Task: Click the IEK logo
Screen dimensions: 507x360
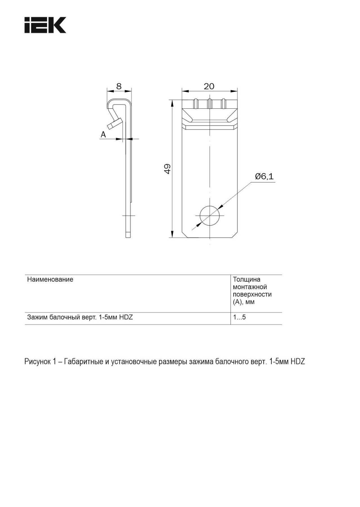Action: click(x=45, y=25)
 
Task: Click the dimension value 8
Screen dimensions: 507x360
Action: click(x=119, y=86)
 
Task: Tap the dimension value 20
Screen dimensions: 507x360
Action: click(x=209, y=86)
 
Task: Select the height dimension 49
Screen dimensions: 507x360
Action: click(x=167, y=169)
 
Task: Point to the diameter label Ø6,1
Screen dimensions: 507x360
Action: click(x=264, y=177)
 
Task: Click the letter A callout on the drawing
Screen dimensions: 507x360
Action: click(x=103, y=135)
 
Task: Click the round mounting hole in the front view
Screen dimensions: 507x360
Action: click(x=210, y=216)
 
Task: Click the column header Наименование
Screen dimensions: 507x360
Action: click(x=50, y=280)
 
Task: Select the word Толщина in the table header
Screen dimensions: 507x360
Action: click(x=247, y=280)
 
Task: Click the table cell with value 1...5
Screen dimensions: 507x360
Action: click(x=239, y=317)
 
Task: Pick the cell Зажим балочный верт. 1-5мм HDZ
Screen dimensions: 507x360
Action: click(x=80, y=317)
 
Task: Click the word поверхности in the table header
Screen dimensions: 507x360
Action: click(x=252, y=294)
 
